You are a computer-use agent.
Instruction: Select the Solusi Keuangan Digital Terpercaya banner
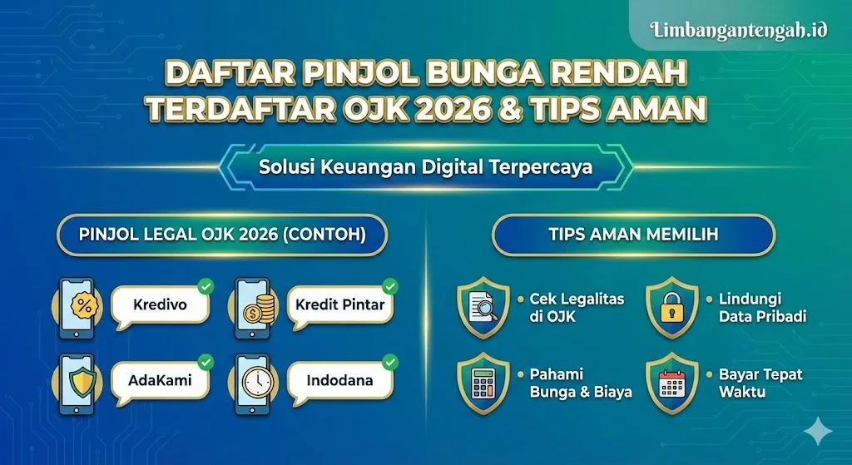[x=425, y=166]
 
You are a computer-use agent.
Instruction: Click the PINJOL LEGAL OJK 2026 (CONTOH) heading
[x=222, y=235]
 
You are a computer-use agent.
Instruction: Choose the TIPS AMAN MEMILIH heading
[x=633, y=235]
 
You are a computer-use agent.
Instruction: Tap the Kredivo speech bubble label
[x=160, y=304]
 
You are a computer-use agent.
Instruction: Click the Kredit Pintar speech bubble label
[x=339, y=304]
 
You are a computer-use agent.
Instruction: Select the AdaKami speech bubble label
[x=159, y=381]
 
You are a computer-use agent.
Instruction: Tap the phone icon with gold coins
[x=256, y=308]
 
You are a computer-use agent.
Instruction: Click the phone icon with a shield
[x=82, y=383]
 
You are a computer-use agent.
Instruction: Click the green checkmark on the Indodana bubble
[x=389, y=362]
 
